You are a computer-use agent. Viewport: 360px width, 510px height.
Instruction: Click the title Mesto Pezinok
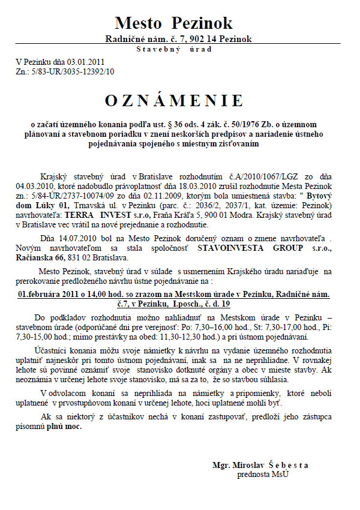[173, 24]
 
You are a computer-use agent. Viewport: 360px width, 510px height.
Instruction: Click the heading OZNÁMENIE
[174, 100]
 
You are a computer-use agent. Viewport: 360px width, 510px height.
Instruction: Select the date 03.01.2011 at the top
[86, 62]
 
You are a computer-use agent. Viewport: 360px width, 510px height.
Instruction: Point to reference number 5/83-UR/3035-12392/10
[73, 71]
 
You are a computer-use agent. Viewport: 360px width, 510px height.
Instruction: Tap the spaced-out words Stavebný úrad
[174, 49]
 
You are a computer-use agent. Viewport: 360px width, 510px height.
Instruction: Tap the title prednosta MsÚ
[262, 474]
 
